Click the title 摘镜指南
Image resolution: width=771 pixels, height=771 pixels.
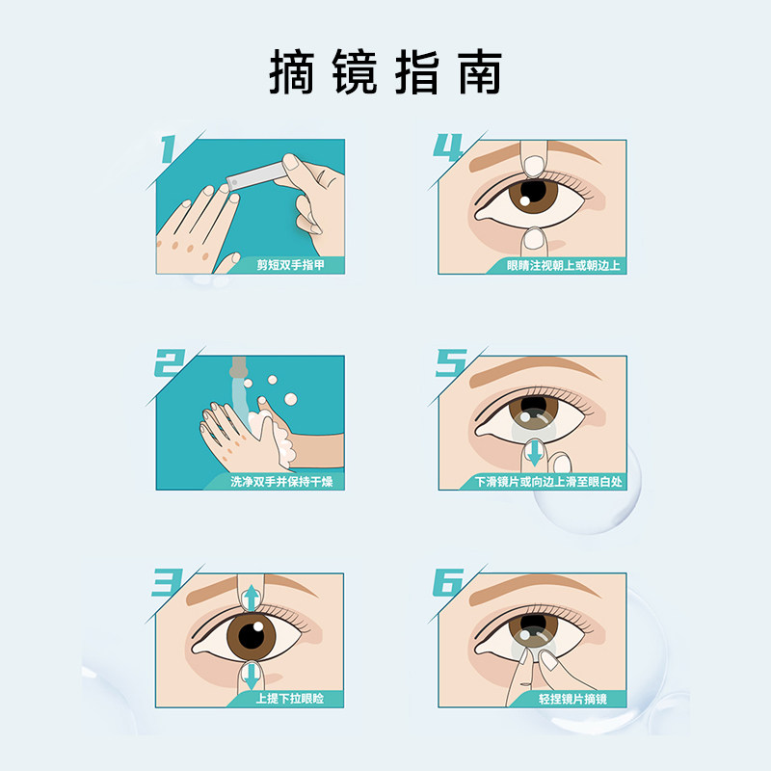tap(385, 72)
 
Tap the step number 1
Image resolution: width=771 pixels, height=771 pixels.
tap(171, 150)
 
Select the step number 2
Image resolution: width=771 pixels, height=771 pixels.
tap(172, 364)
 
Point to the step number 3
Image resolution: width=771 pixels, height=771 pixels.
tap(171, 582)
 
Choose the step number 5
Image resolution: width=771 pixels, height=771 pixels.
tap(450, 365)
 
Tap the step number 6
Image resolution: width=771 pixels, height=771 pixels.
tap(450, 582)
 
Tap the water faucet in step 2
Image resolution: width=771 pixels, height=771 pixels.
tap(238, 369)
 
